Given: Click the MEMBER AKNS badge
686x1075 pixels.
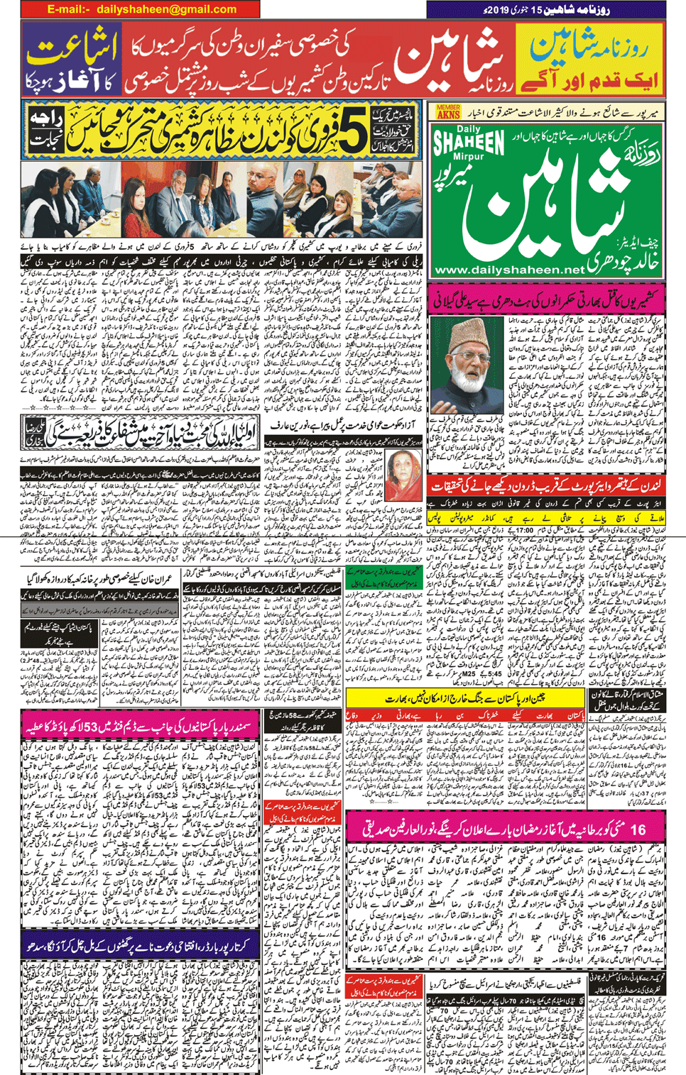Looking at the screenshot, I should click(x=449, y=111).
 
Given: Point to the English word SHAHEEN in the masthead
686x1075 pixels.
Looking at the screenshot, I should click(x=469, y=143).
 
